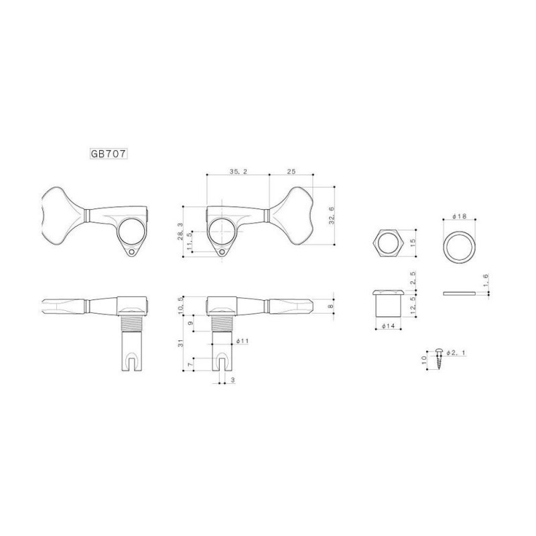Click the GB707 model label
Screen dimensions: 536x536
pyautogui.click(x=109, y=152)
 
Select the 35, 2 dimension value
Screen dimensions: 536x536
pyautogui.click(x=237, y=172)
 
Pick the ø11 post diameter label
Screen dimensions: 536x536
pyautogui.click(x=243, y=341)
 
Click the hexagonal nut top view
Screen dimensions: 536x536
pyautogui.click(x=388, y=243)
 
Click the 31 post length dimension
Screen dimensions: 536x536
pyautogui.click(x=180, y=346)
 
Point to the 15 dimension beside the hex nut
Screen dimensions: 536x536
pyautogui.click(x=413, y=243)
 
